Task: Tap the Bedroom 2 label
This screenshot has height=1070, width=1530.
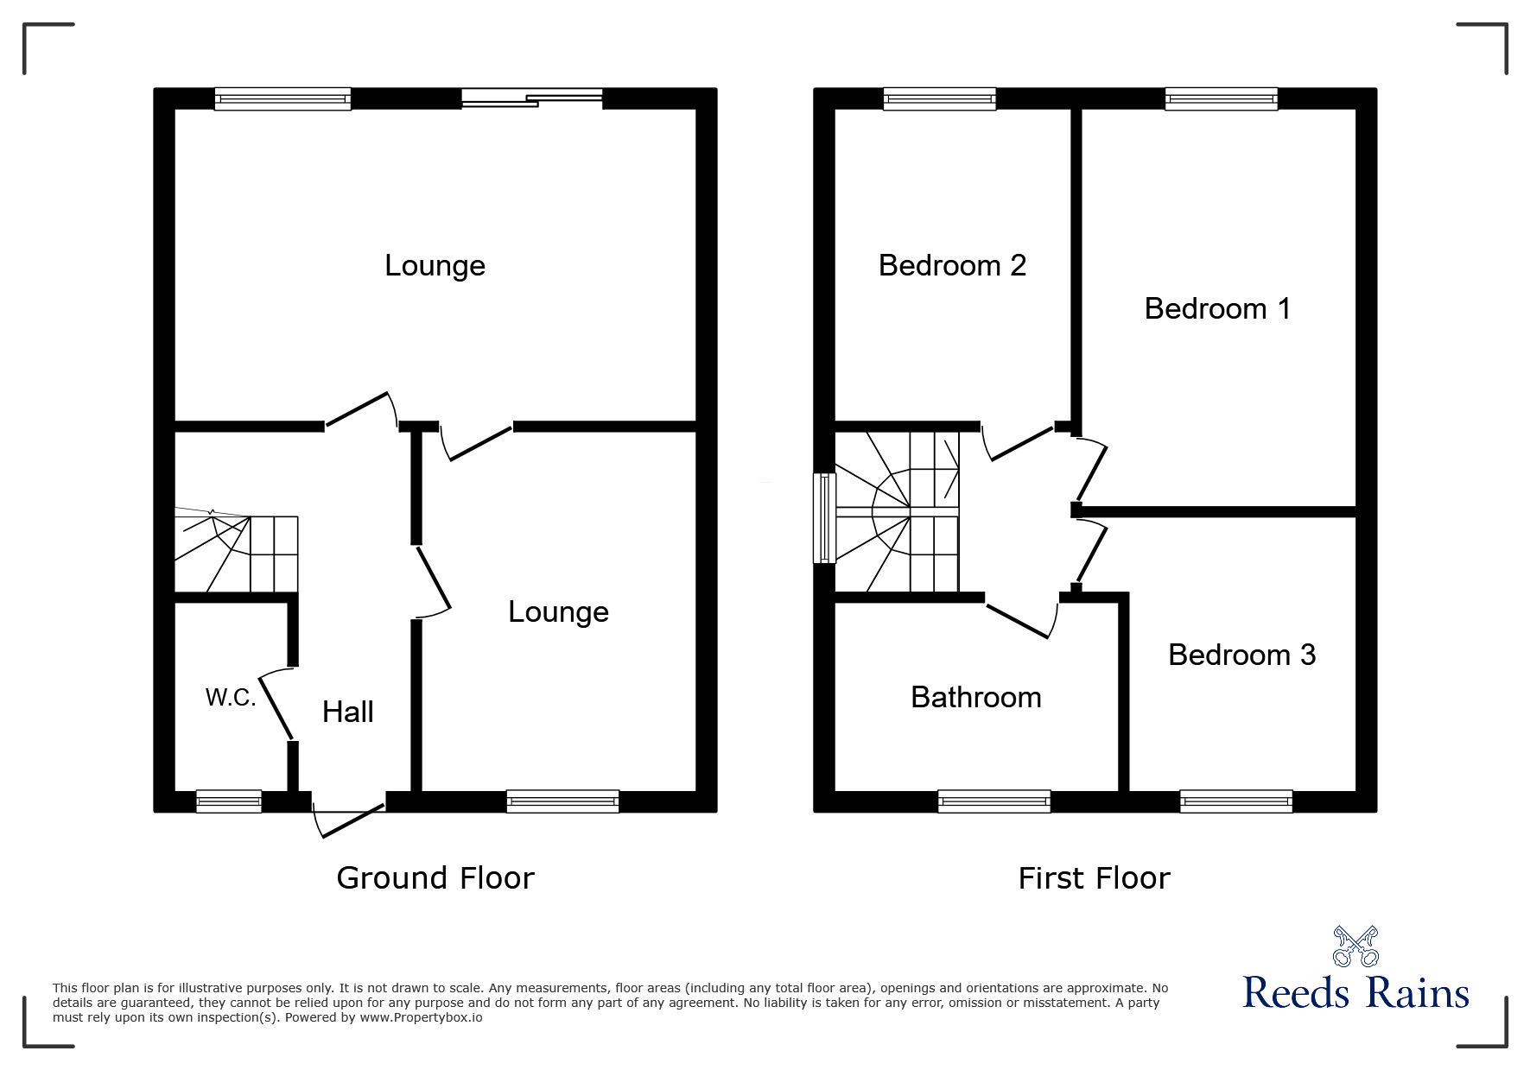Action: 952,265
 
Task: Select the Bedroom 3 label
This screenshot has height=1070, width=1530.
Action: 1241,655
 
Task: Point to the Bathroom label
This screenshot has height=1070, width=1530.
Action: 975,697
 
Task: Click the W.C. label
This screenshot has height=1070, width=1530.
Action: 231,698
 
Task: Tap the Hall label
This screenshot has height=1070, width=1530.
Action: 347,712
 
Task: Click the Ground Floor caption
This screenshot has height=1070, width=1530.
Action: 435,877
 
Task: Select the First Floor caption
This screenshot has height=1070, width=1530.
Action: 1094,878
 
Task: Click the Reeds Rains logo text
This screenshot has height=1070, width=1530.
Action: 1355,993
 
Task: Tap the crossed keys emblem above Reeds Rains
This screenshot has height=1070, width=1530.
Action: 1355,946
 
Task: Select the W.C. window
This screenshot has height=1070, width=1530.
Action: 229,801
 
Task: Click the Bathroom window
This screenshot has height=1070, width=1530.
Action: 994,801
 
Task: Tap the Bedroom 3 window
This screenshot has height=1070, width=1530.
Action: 1236,801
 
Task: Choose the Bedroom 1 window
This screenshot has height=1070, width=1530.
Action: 1221,99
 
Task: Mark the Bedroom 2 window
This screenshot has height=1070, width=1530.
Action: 939,99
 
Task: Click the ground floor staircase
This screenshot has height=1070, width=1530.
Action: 238,553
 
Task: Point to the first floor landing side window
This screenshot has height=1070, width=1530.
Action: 824,517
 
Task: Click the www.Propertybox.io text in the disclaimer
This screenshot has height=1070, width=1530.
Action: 421,1017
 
